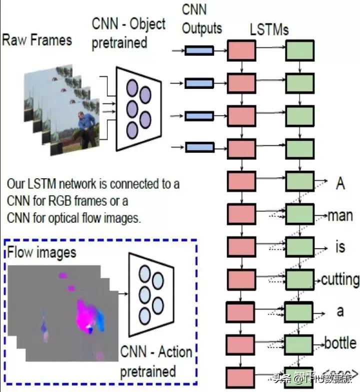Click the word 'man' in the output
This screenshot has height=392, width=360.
(340, 216)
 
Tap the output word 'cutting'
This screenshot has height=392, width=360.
(340, 280)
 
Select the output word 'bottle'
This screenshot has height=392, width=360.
(340, 343)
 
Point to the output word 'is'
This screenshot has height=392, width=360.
(340, 247)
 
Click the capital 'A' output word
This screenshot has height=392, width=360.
(340, 184)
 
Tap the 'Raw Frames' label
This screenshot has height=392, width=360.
(37, 40)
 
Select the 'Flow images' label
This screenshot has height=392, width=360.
(42, 252)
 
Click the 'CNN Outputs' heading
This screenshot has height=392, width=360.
(201, 19)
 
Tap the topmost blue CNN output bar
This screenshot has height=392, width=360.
(199, 50)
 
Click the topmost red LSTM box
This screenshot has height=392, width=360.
(241, 50)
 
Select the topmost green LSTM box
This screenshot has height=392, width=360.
(299, 50)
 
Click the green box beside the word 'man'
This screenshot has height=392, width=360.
(299, 215)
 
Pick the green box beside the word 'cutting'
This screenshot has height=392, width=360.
(299, 279)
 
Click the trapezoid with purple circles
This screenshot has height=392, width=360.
(138, 108)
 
